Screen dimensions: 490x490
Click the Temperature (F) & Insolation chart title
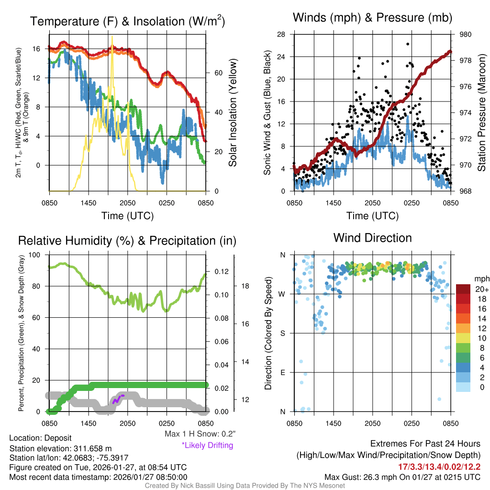coord(127,21)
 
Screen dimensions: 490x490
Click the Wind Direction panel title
coord(372,238)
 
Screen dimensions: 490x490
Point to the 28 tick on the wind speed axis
coord(281,34)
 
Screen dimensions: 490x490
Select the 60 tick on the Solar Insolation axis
coord(218,73)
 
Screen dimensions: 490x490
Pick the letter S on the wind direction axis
coord(283,333)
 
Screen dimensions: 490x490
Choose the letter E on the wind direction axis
coord(283,372)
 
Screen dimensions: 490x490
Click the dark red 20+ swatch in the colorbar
coord(464,289)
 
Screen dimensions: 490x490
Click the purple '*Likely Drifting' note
coord(207,445)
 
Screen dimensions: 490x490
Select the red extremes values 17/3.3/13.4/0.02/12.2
coord(439,467)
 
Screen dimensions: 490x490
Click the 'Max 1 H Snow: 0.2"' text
coord(200,434)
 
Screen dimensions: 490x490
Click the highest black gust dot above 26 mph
coord(408,44)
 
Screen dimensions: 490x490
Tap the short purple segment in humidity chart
coord(118,399)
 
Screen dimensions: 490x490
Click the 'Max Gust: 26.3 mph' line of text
coord(402,477)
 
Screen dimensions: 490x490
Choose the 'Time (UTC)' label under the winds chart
coord(372,216)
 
